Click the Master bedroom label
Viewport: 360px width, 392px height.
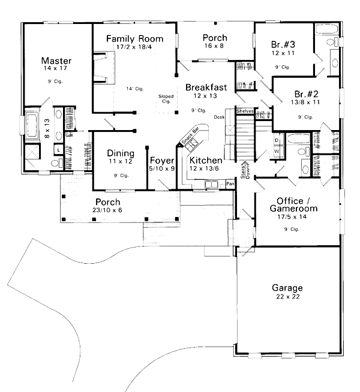tap(56, 61)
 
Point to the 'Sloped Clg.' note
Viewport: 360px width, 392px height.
tap(166, 98)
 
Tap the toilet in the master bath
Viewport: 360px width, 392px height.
tap(55, 162)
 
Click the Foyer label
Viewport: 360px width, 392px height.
tap(161, 161)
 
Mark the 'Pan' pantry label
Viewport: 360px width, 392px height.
tap(230, 185)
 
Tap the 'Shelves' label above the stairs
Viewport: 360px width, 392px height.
tap(245, 111)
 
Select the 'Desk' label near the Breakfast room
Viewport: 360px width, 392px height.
tap(219, 117)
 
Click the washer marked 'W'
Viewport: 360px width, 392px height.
tap(276, 151)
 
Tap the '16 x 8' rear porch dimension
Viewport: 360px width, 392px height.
tap(214, 46)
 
